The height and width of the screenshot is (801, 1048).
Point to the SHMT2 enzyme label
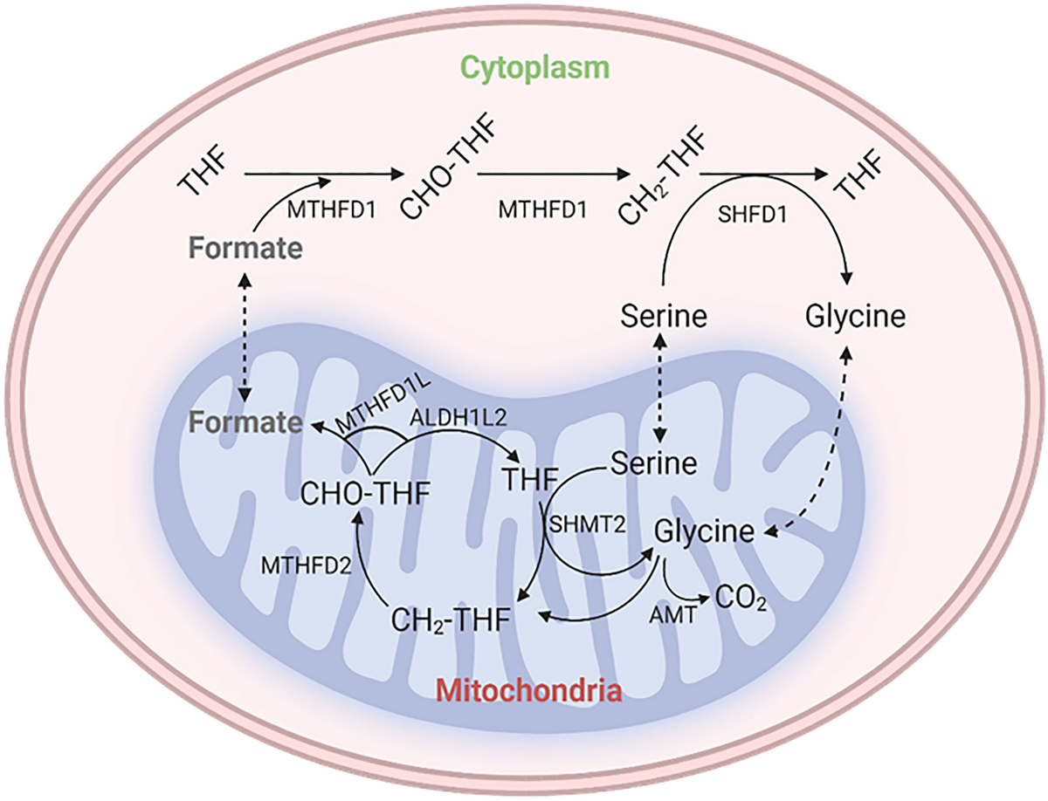coord(583,523)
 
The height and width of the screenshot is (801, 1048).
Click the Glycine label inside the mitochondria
coord(705,531)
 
